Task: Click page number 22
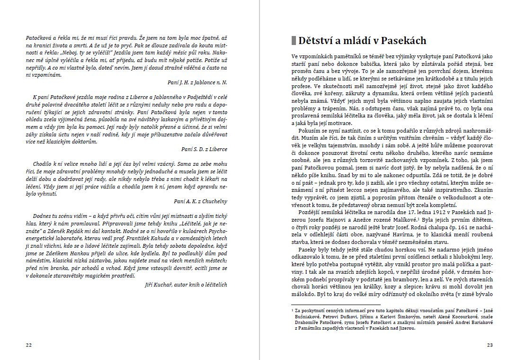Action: tap(28, 345)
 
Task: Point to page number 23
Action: tap(490, 345)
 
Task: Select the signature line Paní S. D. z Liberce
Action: tap(204, 149)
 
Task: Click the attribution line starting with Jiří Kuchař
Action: tap(186, 285)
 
